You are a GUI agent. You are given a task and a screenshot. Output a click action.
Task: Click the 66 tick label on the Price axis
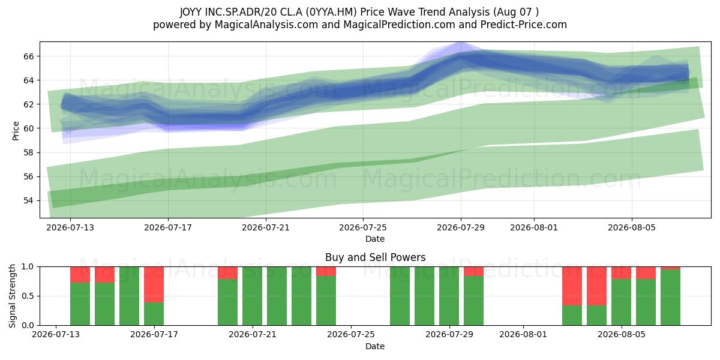pos(29,56)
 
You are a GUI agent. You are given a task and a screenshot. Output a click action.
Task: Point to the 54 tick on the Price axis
pos(29,200)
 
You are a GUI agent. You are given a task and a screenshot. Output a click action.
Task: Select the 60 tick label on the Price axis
pos(29,128)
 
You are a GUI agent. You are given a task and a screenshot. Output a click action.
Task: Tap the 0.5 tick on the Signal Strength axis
pos(28,296)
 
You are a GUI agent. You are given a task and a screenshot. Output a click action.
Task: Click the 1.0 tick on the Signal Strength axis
pos(28,267)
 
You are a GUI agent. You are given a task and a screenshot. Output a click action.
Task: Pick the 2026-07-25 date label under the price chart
pos(363,227)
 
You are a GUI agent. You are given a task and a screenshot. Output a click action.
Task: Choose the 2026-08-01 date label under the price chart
pos(534,227)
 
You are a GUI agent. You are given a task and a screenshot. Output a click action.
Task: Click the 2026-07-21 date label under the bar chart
pos(253,334)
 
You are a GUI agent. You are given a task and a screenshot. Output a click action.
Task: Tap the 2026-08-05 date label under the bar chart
pos(622,334)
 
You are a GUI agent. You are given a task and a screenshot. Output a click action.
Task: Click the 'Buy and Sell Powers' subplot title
pos(375,257)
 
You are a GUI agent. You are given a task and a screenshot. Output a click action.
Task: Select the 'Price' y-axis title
pos(16,131)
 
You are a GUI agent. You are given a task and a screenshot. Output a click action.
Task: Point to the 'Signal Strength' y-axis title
pos(12,296)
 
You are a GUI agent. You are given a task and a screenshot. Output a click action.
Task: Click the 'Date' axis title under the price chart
pos(375,239)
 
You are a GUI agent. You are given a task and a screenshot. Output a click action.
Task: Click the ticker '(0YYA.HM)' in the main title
pos(331,12)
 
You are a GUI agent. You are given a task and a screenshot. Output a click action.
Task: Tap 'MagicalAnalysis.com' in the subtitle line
pos(266,25)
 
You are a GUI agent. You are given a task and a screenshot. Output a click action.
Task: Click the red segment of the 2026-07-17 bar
pos(154,284)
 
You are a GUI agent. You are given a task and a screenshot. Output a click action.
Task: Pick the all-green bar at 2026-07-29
pos(449,296)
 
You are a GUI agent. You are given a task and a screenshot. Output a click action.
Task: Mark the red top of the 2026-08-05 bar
pos(646,273)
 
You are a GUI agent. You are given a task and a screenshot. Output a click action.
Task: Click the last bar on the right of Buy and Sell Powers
pos(671,296)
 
